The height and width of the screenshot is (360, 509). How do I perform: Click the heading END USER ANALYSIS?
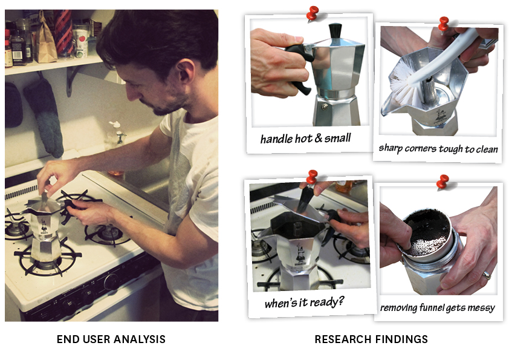tap(111, 339)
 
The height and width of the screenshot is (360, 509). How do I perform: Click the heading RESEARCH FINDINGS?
tap(371, 339)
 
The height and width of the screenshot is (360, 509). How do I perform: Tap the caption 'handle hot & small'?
tap(305, 139)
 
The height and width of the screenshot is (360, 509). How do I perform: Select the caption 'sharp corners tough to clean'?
tap(438, 148)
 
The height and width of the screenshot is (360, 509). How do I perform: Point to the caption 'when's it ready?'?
tap(304, 303)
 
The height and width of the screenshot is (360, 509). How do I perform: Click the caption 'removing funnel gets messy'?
tap(438, 307)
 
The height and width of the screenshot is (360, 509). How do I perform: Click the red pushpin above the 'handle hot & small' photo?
tap(313, 13)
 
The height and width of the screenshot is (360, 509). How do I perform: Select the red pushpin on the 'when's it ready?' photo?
tap(312, 177)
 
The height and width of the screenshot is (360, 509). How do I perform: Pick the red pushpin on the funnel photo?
tap(443, 182)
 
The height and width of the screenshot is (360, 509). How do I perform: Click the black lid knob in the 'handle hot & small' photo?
tap(336, 30)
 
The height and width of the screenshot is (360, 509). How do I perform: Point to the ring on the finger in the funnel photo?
tap(486, 275)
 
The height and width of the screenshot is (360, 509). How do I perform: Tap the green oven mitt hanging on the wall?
tap(45, 117)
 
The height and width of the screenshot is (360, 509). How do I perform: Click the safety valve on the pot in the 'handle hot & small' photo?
tap(324, 106)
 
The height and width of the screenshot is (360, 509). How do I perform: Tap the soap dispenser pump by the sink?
tap(117, 133)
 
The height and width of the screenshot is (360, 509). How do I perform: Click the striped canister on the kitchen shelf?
tap(63, 33)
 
